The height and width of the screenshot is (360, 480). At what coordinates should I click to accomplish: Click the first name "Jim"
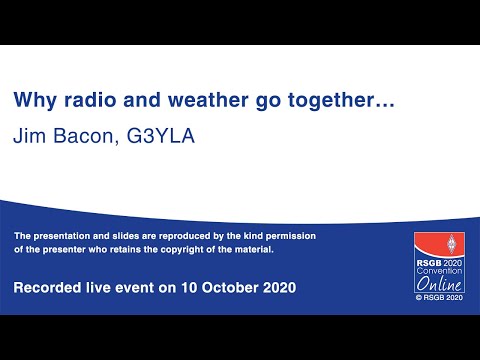pos(28,136)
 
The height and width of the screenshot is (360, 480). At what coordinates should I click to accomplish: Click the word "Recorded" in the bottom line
pos(49,288)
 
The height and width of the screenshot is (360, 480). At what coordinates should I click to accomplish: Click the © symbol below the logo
pos(420,298)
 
